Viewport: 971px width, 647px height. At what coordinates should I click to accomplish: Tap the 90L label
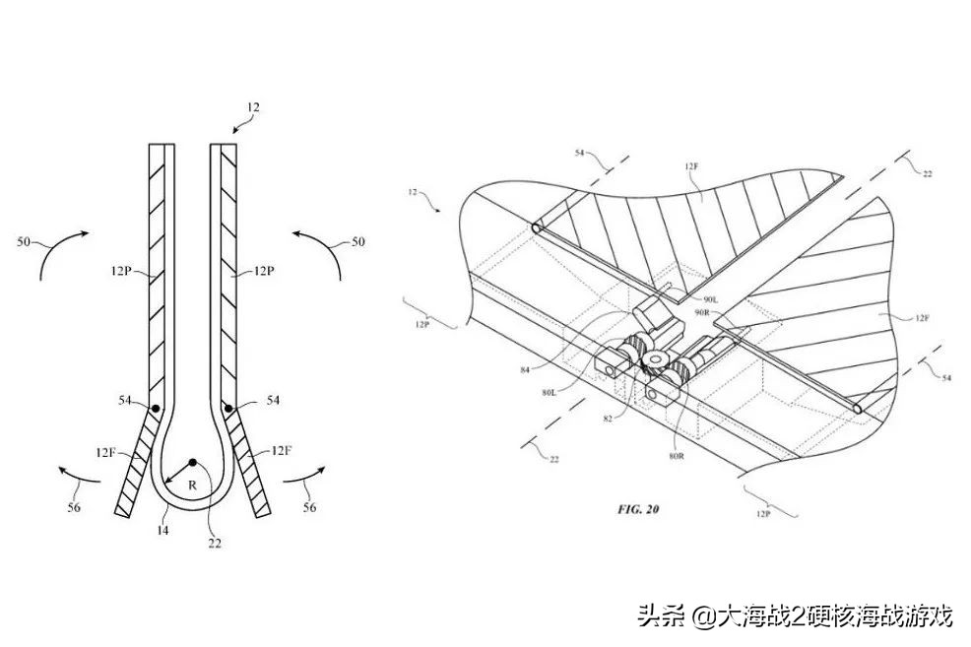(713, 298)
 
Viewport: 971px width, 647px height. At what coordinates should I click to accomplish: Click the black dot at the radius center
(193, 463)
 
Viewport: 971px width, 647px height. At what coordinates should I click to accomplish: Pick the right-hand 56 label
(310, 507)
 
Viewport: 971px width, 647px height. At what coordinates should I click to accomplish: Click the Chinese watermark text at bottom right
(795, 617)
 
